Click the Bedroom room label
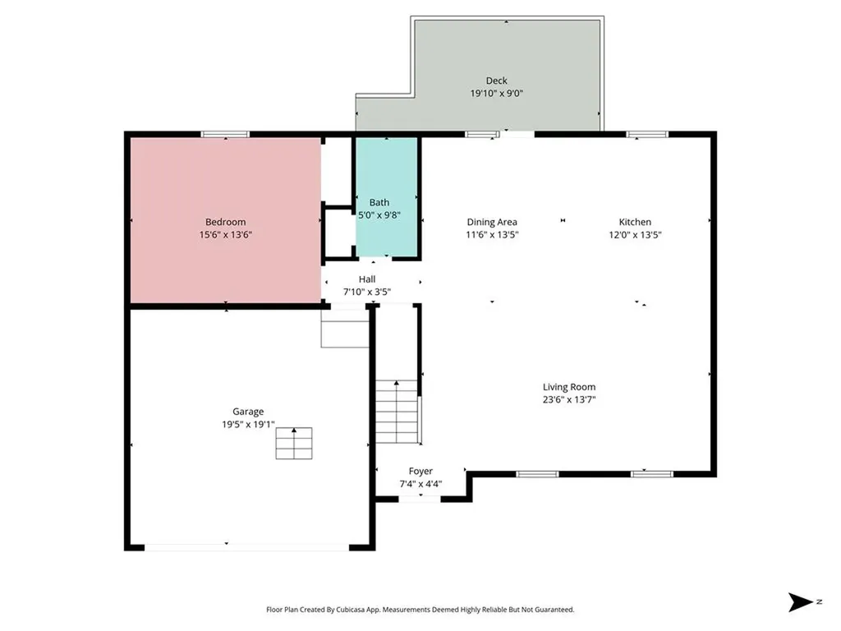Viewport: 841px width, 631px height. point(225,222)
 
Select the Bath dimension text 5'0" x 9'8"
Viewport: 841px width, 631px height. point(379,214)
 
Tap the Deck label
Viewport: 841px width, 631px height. point(496,81)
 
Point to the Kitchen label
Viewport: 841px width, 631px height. point(635,222)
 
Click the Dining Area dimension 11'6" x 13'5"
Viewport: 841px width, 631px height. point(492,234)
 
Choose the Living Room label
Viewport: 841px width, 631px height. point(569,387)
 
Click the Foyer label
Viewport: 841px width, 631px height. point(420,472)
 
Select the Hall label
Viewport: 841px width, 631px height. point(367,279)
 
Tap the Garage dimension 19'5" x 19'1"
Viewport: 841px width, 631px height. point(248,425)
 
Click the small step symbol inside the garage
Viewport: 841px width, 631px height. point(294,443)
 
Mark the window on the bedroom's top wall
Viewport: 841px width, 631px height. point(225,134)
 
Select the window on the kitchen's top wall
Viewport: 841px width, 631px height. point(647,134)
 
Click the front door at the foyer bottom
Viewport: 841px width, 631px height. point(419,499)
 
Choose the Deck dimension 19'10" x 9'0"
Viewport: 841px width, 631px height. point(496,94)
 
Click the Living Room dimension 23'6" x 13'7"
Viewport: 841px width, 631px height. point(569,400)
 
